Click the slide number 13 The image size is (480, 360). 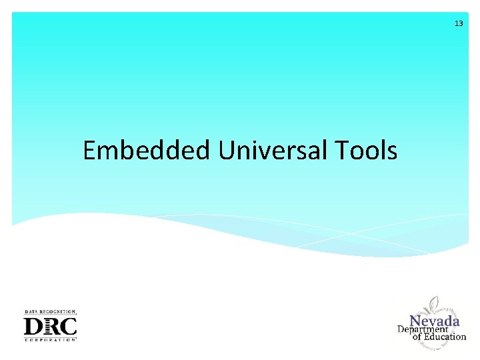point(459,23)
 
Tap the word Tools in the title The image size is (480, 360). point(366,151)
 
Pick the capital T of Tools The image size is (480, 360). point(342,151)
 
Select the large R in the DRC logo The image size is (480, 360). point(51,327)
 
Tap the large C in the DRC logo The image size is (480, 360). point(69,327)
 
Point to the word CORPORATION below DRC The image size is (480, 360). point(50,340)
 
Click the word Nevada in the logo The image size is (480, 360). point(434,321)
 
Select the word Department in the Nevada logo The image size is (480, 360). point(423,329)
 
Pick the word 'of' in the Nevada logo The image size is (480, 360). point(417,337)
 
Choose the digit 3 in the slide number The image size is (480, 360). point(461,23)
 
